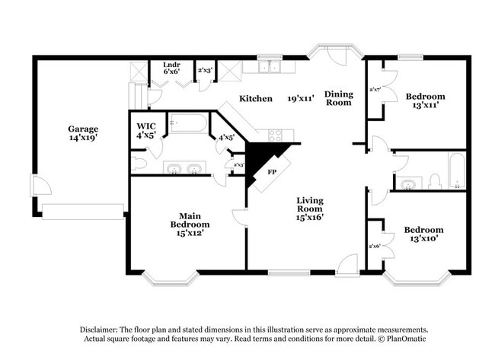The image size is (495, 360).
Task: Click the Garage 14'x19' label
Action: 83,133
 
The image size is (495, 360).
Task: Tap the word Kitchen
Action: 256,99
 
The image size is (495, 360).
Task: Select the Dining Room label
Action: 339,98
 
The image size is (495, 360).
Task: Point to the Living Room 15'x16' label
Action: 310,209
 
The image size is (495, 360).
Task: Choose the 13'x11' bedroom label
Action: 424,101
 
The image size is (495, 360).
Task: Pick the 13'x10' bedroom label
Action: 423,234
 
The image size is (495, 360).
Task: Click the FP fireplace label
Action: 271,172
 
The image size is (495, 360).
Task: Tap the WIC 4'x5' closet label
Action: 146,130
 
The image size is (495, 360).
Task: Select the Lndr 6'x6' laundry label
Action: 171,69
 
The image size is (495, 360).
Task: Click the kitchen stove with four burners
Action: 275,135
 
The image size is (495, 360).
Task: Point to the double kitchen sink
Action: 267,68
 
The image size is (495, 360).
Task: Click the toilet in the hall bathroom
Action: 435,181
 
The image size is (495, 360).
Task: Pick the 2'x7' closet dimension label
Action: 375,90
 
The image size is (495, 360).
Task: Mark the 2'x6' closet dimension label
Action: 374,246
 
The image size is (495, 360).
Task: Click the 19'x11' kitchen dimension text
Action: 302,99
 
